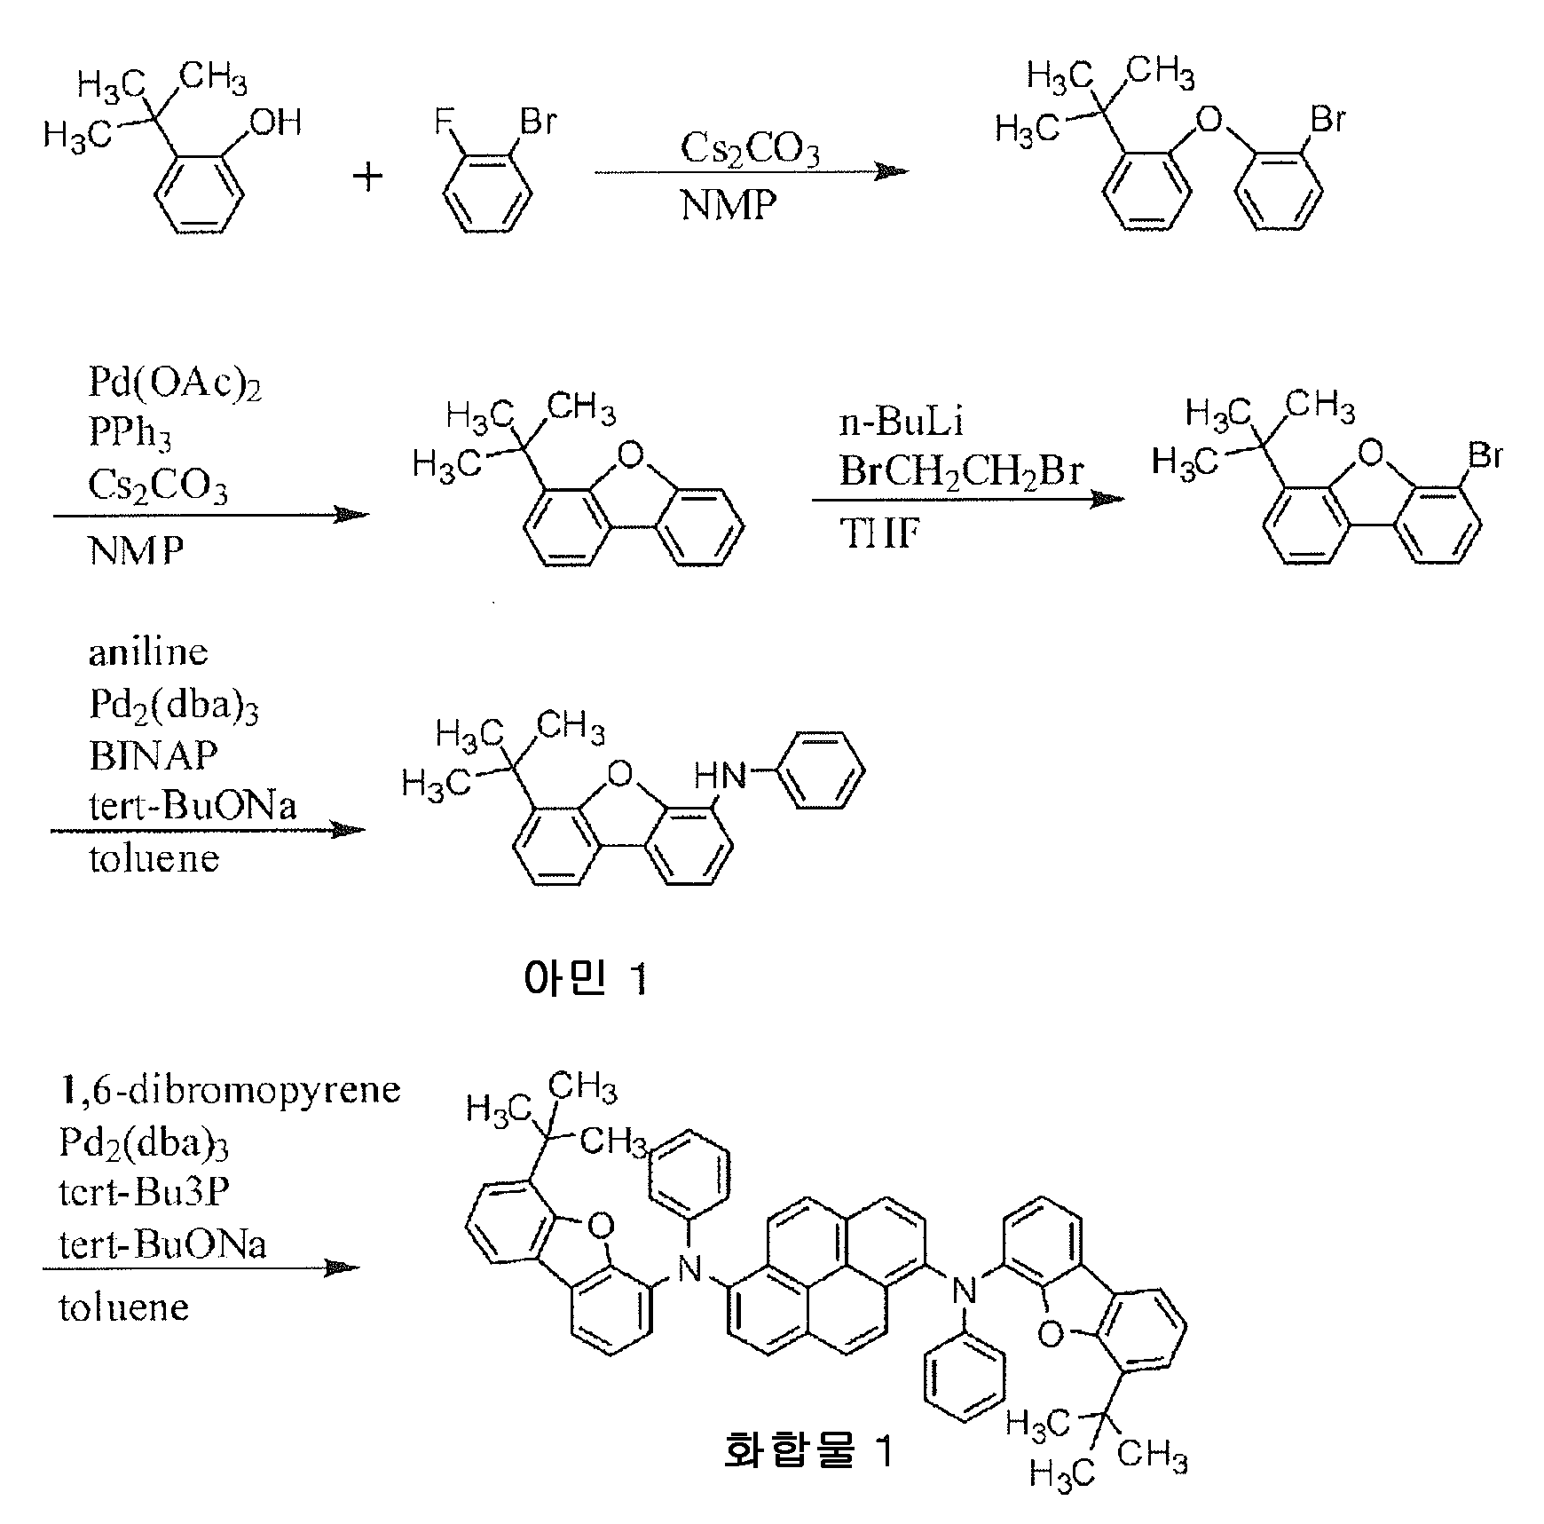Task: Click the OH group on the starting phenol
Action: click(276, 122)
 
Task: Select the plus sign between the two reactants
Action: click(367, 177)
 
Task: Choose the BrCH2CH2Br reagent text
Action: click(962, 471)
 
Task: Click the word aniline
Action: click(148, 652)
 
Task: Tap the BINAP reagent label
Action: click(154, 755)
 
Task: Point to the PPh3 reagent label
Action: click(130, 433)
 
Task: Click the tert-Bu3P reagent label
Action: click(145, 1191)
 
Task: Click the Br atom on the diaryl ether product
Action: click(1328, 119)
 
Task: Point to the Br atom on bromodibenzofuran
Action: click(1485, 455)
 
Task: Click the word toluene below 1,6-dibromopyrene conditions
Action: click(124, 1307)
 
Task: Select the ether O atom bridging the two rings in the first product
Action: click(1209, 119)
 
